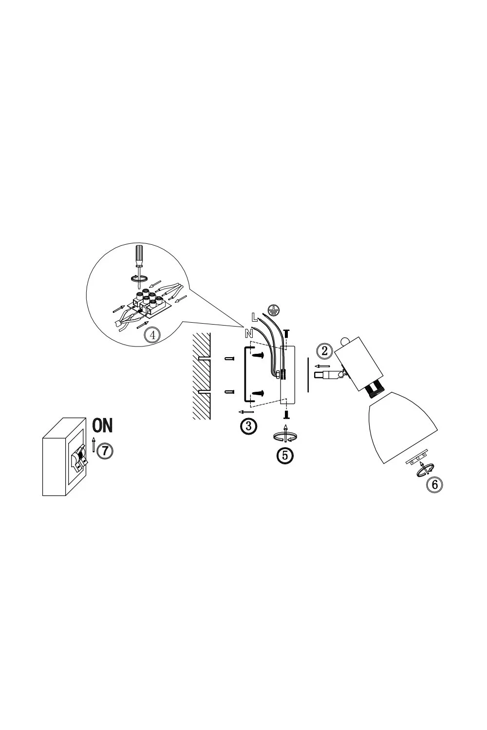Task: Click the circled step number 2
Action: coord(324,351)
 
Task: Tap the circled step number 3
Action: coord(248,426)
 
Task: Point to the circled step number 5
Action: coord(285,455)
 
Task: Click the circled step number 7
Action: coord(105,451)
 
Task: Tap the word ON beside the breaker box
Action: coord(102,425)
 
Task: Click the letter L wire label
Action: coord(254,317)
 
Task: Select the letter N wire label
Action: coord(249,333)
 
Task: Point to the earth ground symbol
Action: coord(273,310)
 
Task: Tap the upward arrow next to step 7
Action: coord(94,444)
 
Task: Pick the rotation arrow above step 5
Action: coord(285,436)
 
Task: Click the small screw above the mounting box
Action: coord(286,333)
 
